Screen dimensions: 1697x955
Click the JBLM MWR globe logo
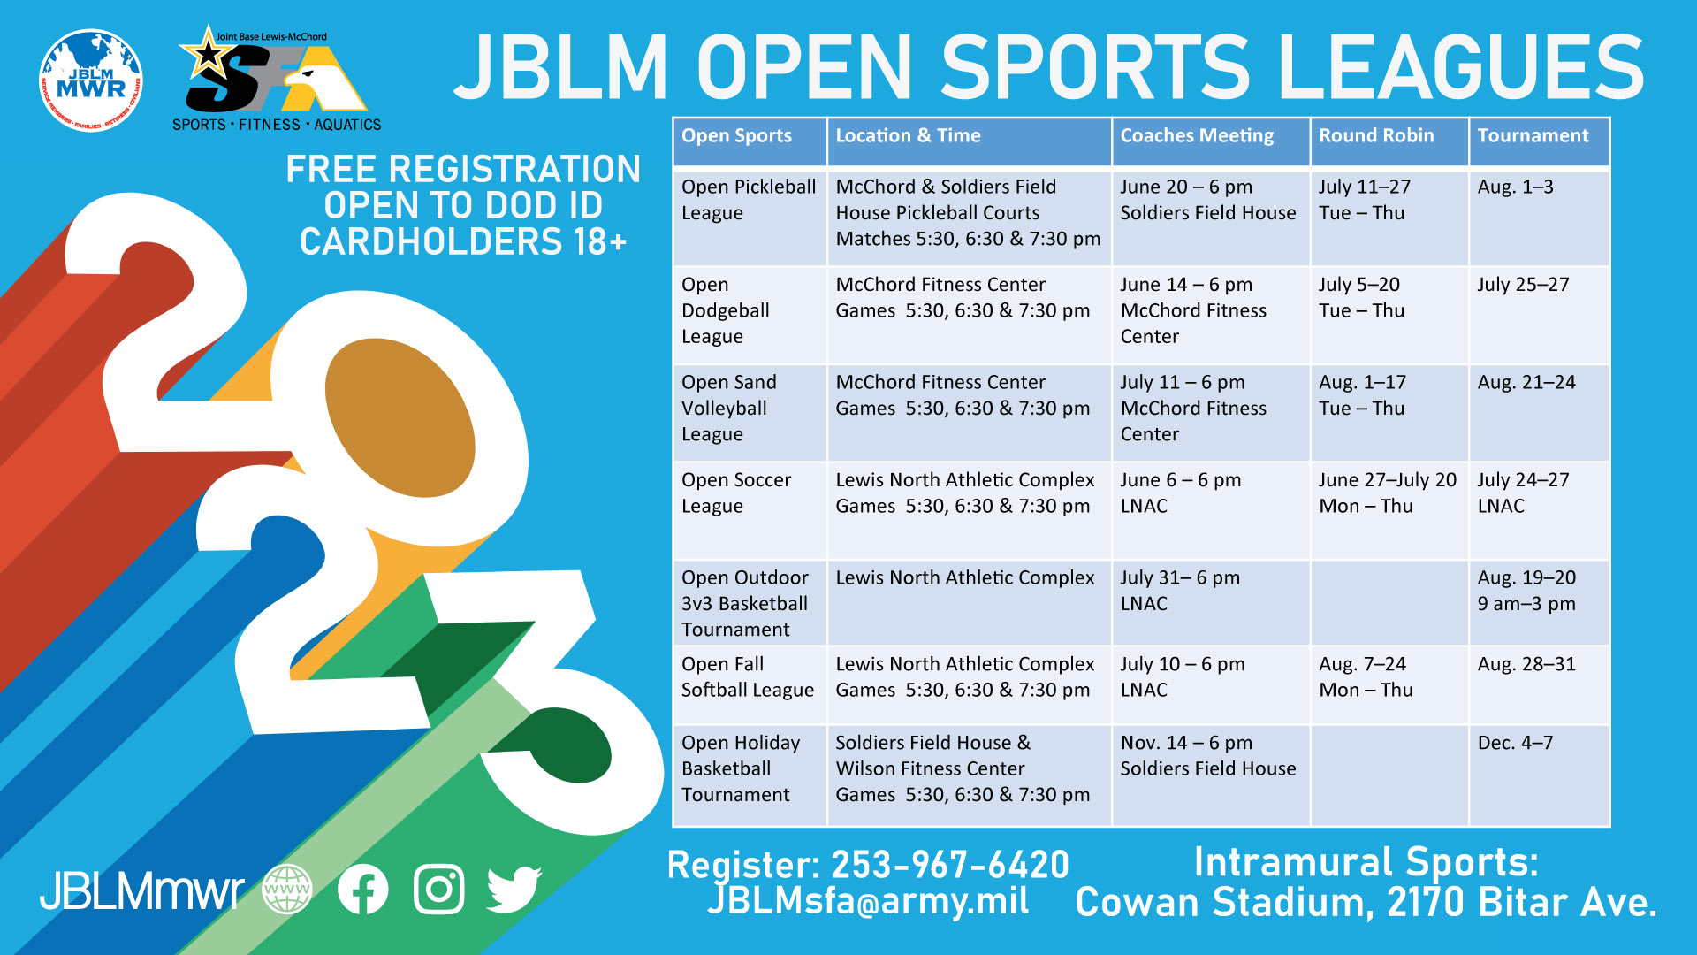(91, 80)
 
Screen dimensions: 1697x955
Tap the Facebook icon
(362, 889)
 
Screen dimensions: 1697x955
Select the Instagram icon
(439, 889)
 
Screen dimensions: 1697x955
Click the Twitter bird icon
(514, 890)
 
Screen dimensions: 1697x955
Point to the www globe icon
(287, 889)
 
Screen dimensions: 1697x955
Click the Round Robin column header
(1376, 135)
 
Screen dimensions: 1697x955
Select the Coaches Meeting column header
(1197, 136)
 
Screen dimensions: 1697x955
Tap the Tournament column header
(1533, 135)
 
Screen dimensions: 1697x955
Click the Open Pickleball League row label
(749, 200)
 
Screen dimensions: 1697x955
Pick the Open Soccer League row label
(736, 493)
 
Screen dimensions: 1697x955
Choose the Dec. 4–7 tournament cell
(1515, 743)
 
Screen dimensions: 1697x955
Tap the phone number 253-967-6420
(950, 865)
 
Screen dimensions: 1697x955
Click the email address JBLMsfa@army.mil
(869, 901)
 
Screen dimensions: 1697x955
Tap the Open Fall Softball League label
(748, 677)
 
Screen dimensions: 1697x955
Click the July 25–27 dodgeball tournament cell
(1523, 285)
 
